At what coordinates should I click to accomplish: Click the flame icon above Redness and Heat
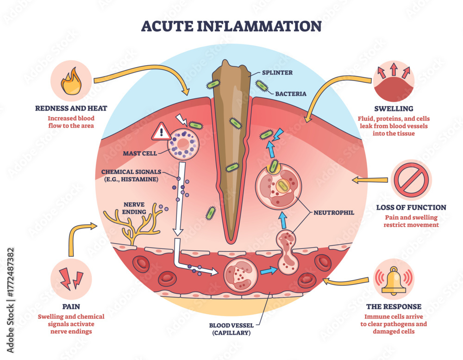[71, 81]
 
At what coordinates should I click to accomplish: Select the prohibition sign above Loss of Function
[411, 180]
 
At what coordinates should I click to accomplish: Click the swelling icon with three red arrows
[393, 81]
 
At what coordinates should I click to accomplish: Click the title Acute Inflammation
[231, 26]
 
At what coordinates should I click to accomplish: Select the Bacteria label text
[291, 93]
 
